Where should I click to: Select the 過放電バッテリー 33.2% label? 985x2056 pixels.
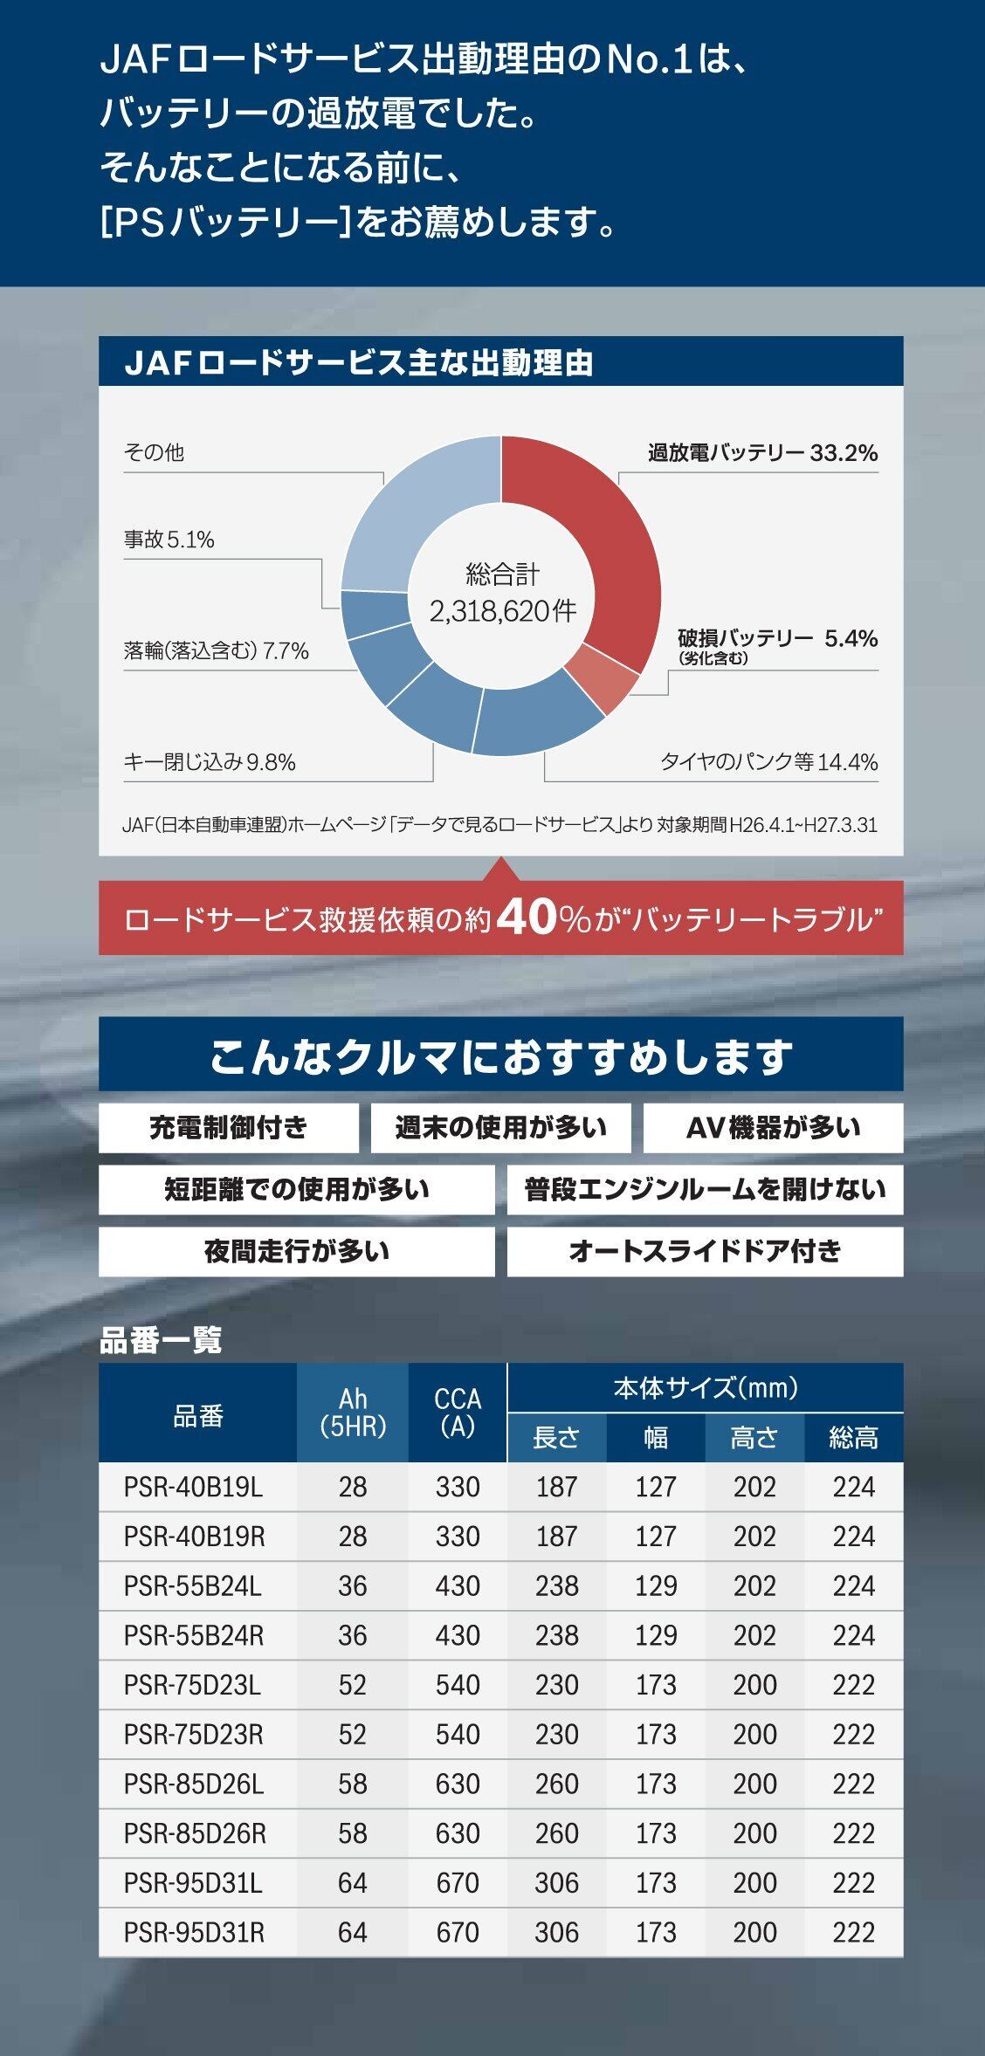point(762,452)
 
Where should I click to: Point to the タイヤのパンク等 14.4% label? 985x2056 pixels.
point(768,761)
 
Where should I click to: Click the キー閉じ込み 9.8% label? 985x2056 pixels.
point(210,762)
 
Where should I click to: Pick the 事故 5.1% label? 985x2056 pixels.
point(169,540)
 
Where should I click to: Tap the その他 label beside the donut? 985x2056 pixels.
point(155,452)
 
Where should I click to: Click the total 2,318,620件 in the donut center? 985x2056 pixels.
point(502,610)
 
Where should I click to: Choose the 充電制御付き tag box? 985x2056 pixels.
point(228,1127)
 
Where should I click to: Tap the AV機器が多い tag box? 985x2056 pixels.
point(773,1127)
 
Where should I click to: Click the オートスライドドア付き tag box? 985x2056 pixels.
point(705,1251)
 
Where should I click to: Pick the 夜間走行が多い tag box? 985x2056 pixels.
point(296,1251)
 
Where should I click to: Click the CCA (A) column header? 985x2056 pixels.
point(458,1412)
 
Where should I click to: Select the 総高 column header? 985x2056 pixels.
point(853,1437)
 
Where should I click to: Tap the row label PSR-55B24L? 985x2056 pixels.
point(193,1585)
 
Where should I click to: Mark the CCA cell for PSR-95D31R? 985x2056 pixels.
point(458,1932)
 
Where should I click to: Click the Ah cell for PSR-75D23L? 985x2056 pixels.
point(352,1684)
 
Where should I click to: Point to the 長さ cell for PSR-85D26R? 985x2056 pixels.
point(556,1833)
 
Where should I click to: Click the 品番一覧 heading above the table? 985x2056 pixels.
point(161,1339)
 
